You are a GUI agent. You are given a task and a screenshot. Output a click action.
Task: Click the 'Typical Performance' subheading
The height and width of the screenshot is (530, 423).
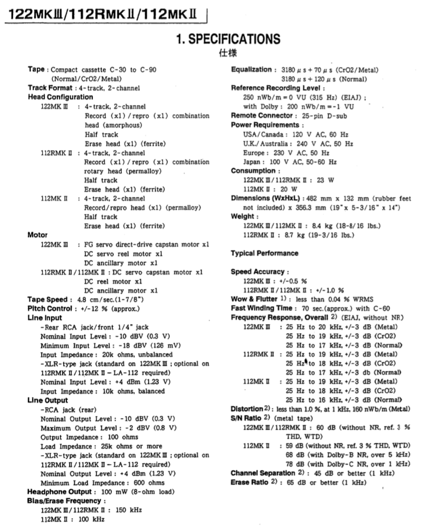tap(264, 253)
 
